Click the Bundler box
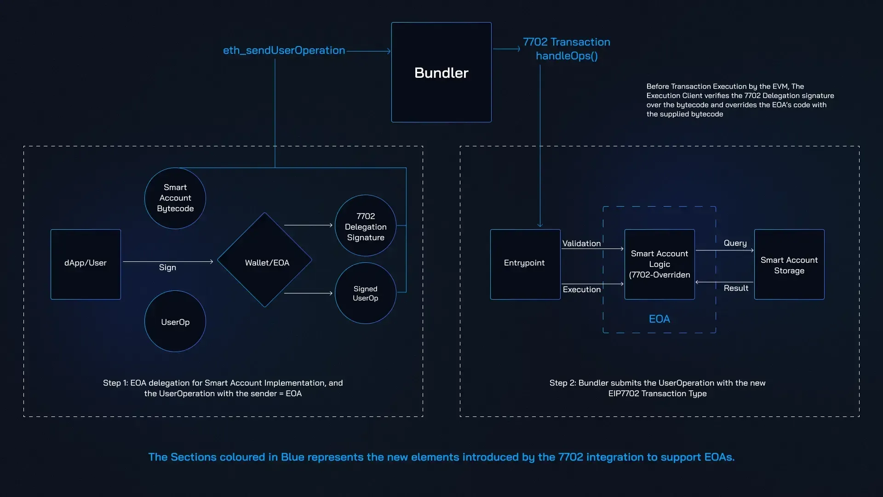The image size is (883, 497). point(441,72)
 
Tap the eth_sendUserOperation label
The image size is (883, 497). point(284,50)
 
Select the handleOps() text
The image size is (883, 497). point(567,56)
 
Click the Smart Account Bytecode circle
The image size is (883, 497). point(175,198)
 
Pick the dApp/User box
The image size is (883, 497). point(86,264)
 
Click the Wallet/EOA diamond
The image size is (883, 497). point(265,260)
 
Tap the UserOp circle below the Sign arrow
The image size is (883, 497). point(175,322)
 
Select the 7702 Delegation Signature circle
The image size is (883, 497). point(366,226)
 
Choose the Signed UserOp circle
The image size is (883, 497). point(366,293)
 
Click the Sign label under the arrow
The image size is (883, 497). point(167,267)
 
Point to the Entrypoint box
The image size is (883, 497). point(525,264)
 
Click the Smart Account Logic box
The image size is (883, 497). point(659,264)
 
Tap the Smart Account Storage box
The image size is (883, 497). point(789,265)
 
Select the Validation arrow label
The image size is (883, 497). point(581,243)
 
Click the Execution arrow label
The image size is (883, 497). point(582,289)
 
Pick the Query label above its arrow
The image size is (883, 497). point(735,243)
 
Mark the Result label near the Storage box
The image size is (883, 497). point(736,288)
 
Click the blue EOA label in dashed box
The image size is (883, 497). point(659,319)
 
